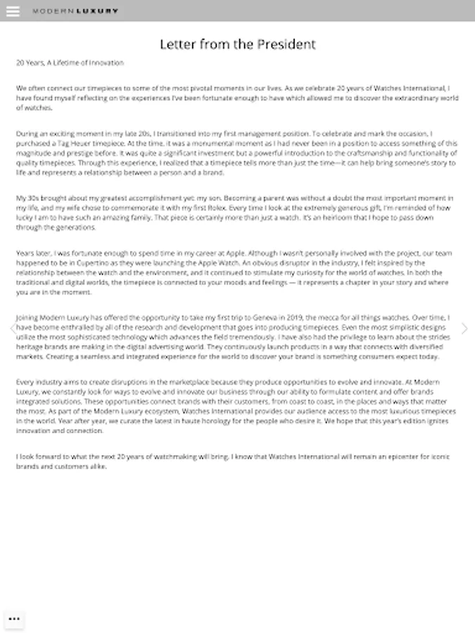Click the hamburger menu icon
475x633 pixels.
13,11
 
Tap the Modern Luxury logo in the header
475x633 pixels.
75,11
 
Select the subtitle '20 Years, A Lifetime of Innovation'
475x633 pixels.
70,63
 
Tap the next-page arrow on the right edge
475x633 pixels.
464,328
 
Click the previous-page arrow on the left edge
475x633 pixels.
11,328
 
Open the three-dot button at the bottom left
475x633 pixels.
13,619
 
